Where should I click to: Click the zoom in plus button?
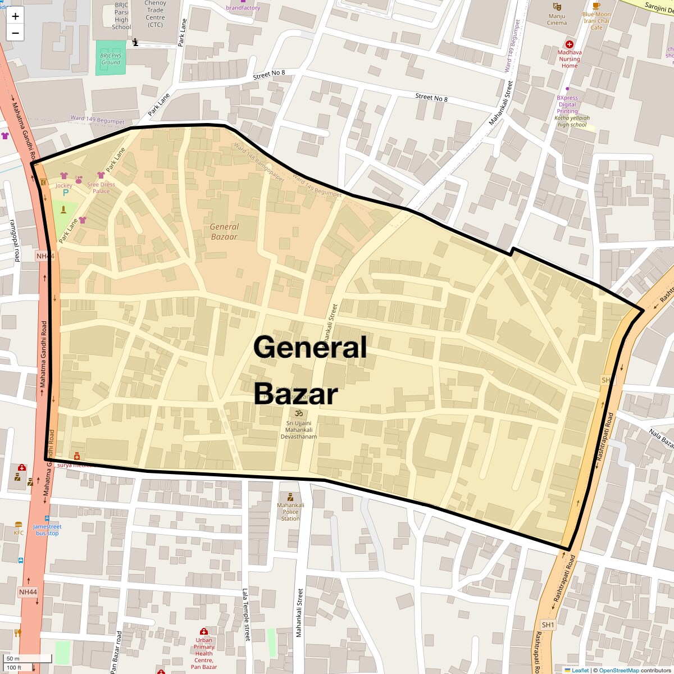(x=15, y=16)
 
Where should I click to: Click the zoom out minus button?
(x=15, y=33)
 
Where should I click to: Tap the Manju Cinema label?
(x=557, y=19)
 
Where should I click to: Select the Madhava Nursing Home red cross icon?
(x=570, y=44)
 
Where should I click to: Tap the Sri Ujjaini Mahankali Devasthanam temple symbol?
(x=299, y=414)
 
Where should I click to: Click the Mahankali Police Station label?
(x=290, y=511)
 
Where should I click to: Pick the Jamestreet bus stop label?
(x=47, y=530)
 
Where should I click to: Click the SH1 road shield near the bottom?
(x=548, y=625)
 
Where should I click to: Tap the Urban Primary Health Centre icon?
(x=204, y=631)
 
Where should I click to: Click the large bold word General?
(x=310, y=347)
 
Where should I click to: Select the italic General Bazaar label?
(x=224, y=231)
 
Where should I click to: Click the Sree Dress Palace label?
(x=101, y=188)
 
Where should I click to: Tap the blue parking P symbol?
(x=66, y=193)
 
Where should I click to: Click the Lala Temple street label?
(x=245, y=614)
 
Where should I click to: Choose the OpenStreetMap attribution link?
(x=618, y=670)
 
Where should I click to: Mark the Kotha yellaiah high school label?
(x=572, y=121)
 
